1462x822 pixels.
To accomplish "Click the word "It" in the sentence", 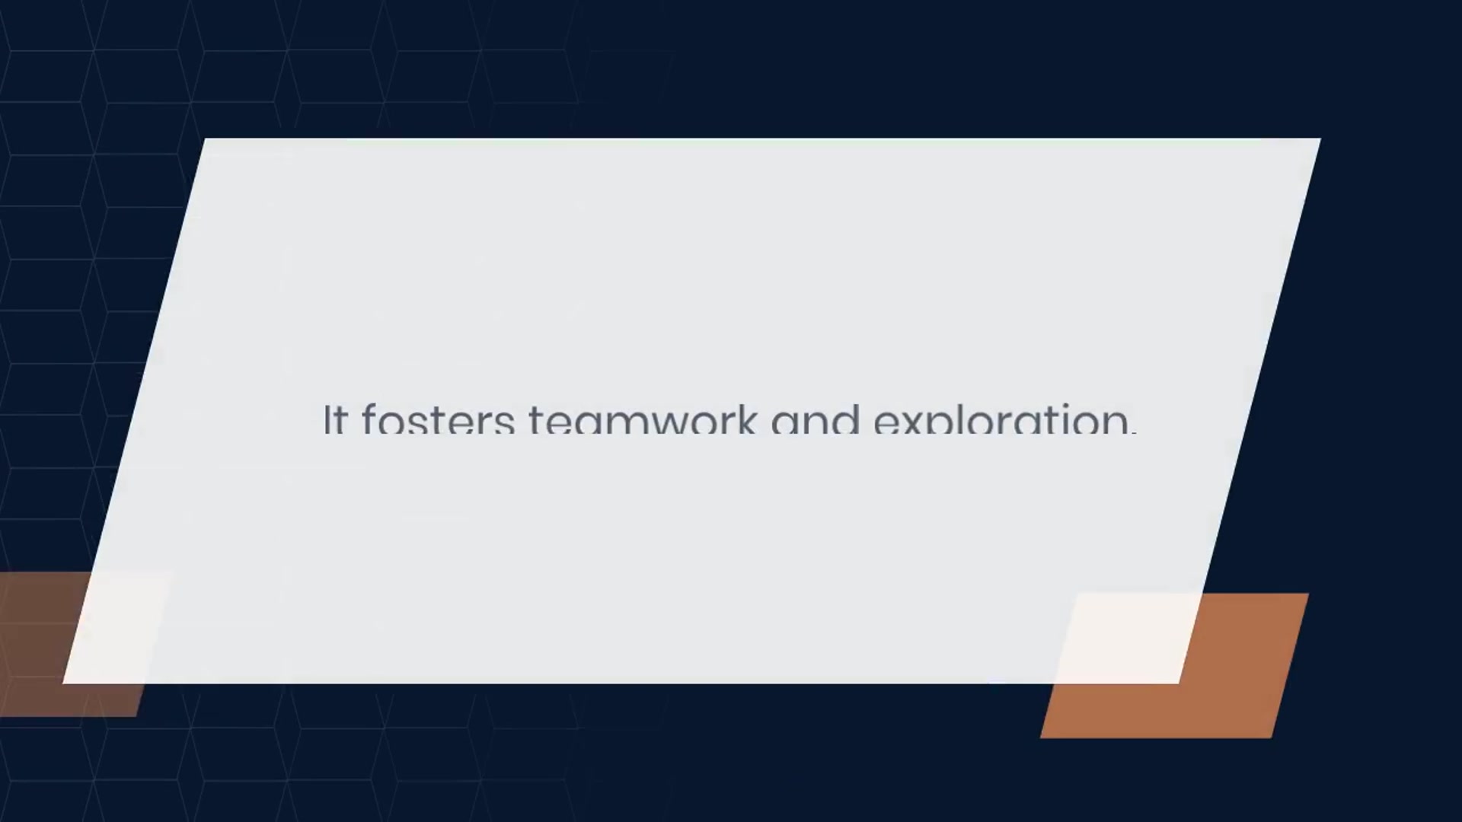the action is (336, 419).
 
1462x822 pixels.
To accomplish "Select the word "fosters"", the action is (438, 418).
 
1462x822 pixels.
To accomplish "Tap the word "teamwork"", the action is (643, 418).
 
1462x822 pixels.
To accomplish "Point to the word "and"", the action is (816, 418).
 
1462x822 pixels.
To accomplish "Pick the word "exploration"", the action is (1001, 418).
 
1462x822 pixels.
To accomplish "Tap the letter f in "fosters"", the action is (370, 418).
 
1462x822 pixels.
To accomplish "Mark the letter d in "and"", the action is (848, 418).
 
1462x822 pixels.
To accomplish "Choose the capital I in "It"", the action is (327, 419).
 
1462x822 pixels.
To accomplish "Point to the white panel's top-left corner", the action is (206, 139).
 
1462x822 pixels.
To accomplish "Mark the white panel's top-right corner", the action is (1320, 139).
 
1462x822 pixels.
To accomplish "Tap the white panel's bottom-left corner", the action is (63, 683).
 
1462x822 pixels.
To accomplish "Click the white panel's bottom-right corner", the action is (1179, 683).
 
